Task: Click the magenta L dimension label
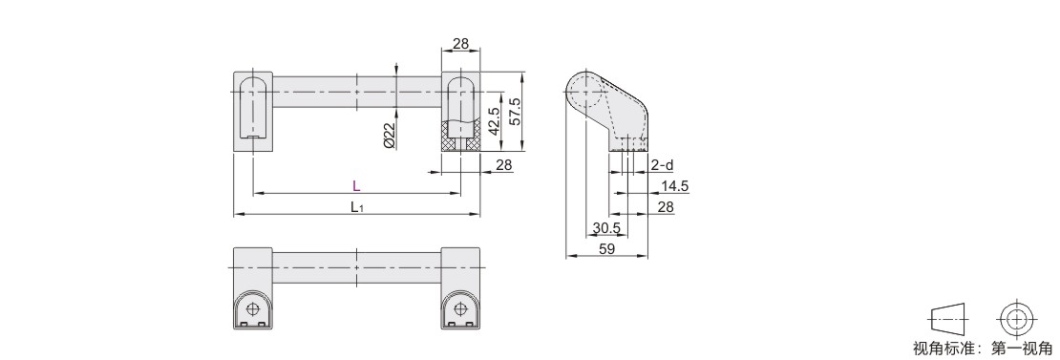coord(356,186)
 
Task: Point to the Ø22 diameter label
coord(389,135)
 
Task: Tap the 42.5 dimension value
coord(494,121)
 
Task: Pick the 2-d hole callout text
coord(663,165)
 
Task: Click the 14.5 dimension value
coord(674,186)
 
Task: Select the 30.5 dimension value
coord(605,229)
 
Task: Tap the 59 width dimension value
coord(607,249)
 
